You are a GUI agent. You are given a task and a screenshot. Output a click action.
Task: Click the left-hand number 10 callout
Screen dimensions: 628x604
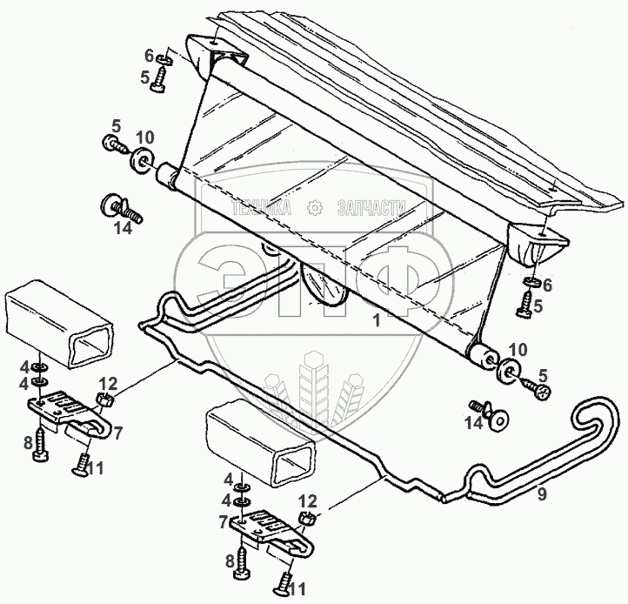(145, 138)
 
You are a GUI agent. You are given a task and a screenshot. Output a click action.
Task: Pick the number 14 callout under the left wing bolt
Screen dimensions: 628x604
(124, 229)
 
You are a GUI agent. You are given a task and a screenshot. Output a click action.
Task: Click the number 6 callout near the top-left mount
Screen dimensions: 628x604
(148, 55)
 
